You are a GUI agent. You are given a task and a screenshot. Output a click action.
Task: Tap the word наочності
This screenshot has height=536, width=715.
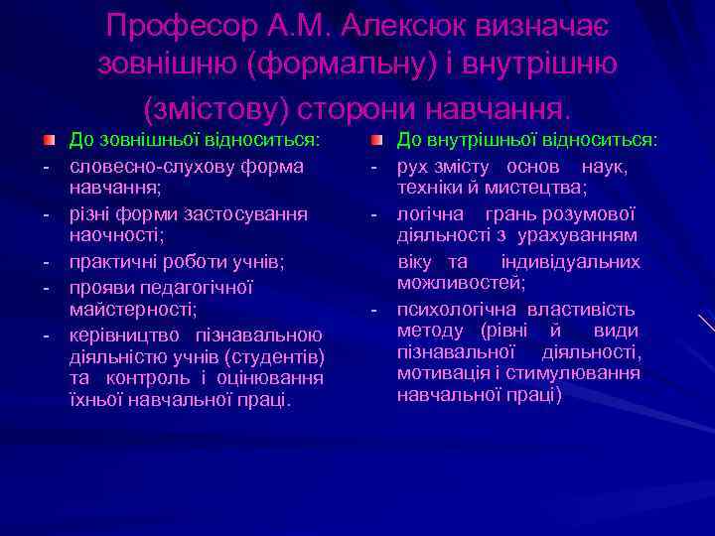click(109, 236)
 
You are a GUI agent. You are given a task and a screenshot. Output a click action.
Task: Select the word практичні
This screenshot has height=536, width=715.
click(107, 261)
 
